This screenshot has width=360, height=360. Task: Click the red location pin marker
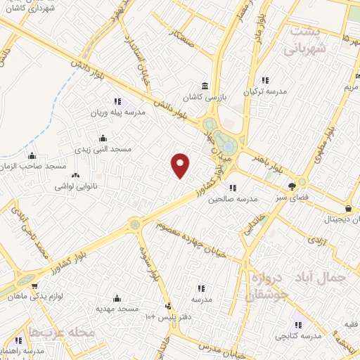pos(181,165)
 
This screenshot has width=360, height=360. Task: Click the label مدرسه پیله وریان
pos(117,112)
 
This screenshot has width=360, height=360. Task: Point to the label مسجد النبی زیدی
pos(103,149)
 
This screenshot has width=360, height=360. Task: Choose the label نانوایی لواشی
pos(76,188)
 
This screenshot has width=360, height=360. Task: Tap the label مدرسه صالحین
pos(233,199)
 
